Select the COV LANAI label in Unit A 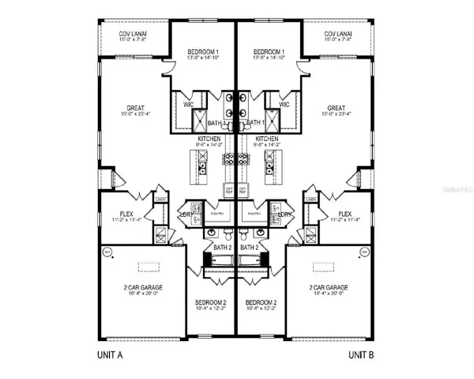[133, 34]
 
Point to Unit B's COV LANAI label [342, 34]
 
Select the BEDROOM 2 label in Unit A [212, 303]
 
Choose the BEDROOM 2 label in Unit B [261, 303]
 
